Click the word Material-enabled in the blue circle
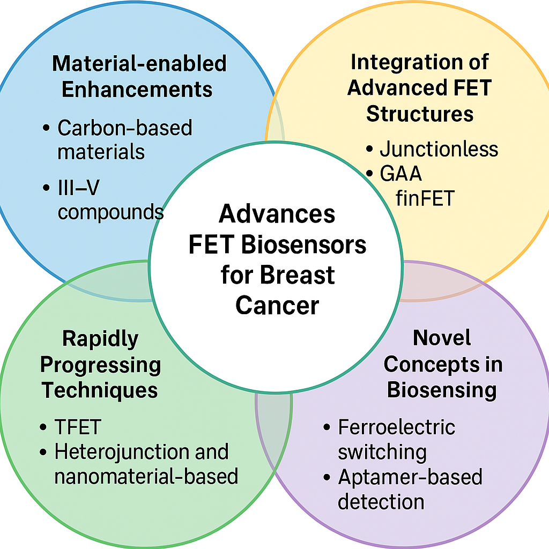(x=139, y=64)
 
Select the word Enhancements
(x=137, y=89)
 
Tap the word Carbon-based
(x=124, y=128)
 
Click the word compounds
(x=110, y=212)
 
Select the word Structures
(x=420, y=114)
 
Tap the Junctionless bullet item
(x=439, y=149)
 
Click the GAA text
(x=400, y=174)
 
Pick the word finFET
(x=425, y=198)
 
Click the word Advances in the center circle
(x=277, y=214)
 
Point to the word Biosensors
(x=303, y=245)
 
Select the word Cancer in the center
(x=277, y=306)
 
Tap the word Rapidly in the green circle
(x=100, y=339)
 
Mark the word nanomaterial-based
(x=146, y=476)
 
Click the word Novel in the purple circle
(x=442, y=338)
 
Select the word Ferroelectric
(x=396, y=427)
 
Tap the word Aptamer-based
(x=410, y=477)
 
